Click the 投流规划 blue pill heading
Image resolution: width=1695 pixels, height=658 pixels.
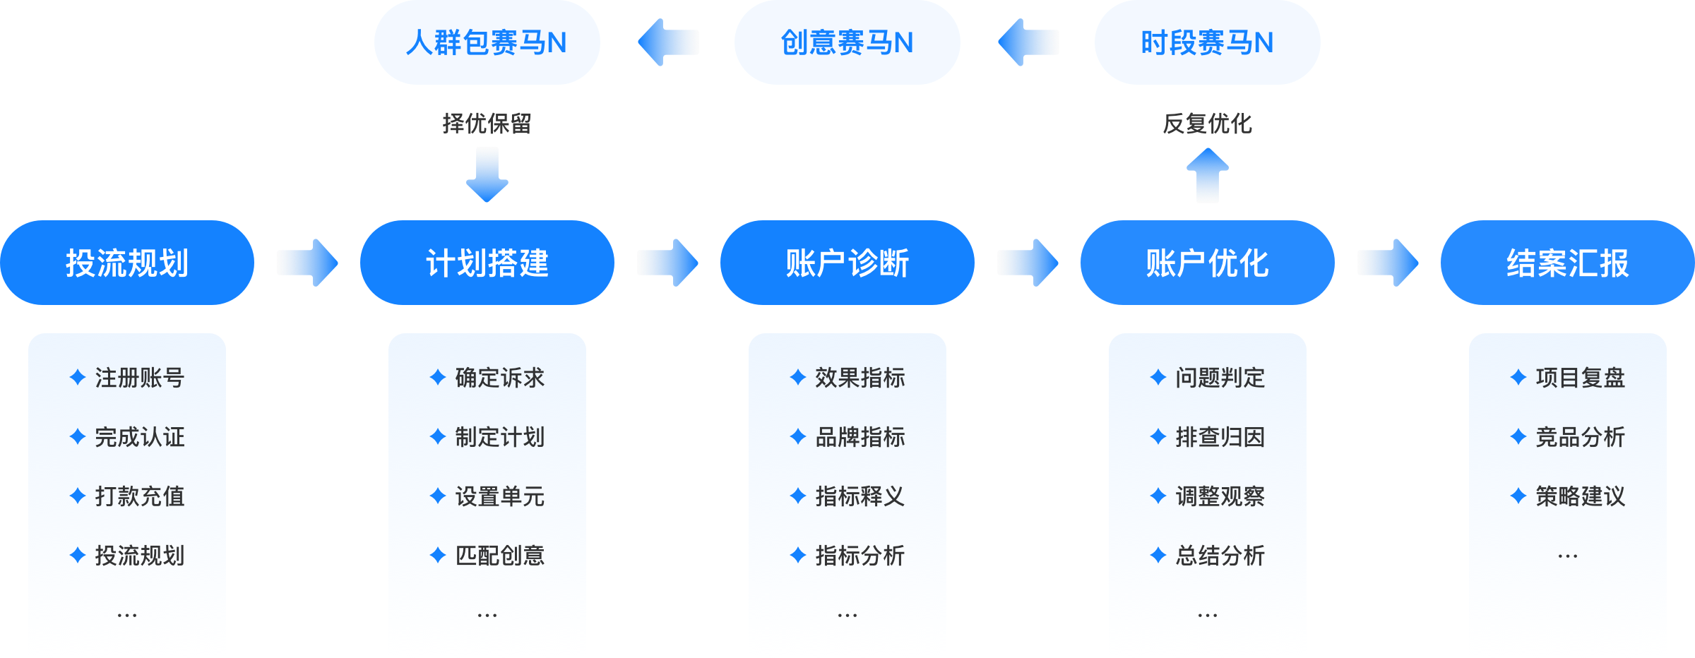click(127, 263)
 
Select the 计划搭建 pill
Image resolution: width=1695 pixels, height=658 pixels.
click(487, 263)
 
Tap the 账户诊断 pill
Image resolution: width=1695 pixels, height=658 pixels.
click(847, 263)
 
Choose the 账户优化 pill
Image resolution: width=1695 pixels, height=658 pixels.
click(1208, 263)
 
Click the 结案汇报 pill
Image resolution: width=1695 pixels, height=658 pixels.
click(1568, 263)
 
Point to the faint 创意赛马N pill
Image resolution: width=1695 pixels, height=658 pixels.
click(847, 42)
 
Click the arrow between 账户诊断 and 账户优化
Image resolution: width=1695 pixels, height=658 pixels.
click(1028, 263)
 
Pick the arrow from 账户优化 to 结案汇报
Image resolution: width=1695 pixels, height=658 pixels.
click(1388, 263)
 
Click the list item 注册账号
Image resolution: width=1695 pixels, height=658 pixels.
click(140, 378)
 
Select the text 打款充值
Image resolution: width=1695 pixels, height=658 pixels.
click(140, 496)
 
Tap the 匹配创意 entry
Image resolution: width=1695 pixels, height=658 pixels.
click(500, 556)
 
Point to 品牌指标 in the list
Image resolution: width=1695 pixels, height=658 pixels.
click(860, 437)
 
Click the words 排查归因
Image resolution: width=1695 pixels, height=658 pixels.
click(1220, 437)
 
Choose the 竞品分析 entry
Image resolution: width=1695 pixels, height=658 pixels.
click(1581, 437)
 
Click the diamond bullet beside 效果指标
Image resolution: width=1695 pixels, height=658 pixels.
click(798, 378)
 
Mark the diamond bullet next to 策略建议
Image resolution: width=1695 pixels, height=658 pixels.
click(1518, 496)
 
